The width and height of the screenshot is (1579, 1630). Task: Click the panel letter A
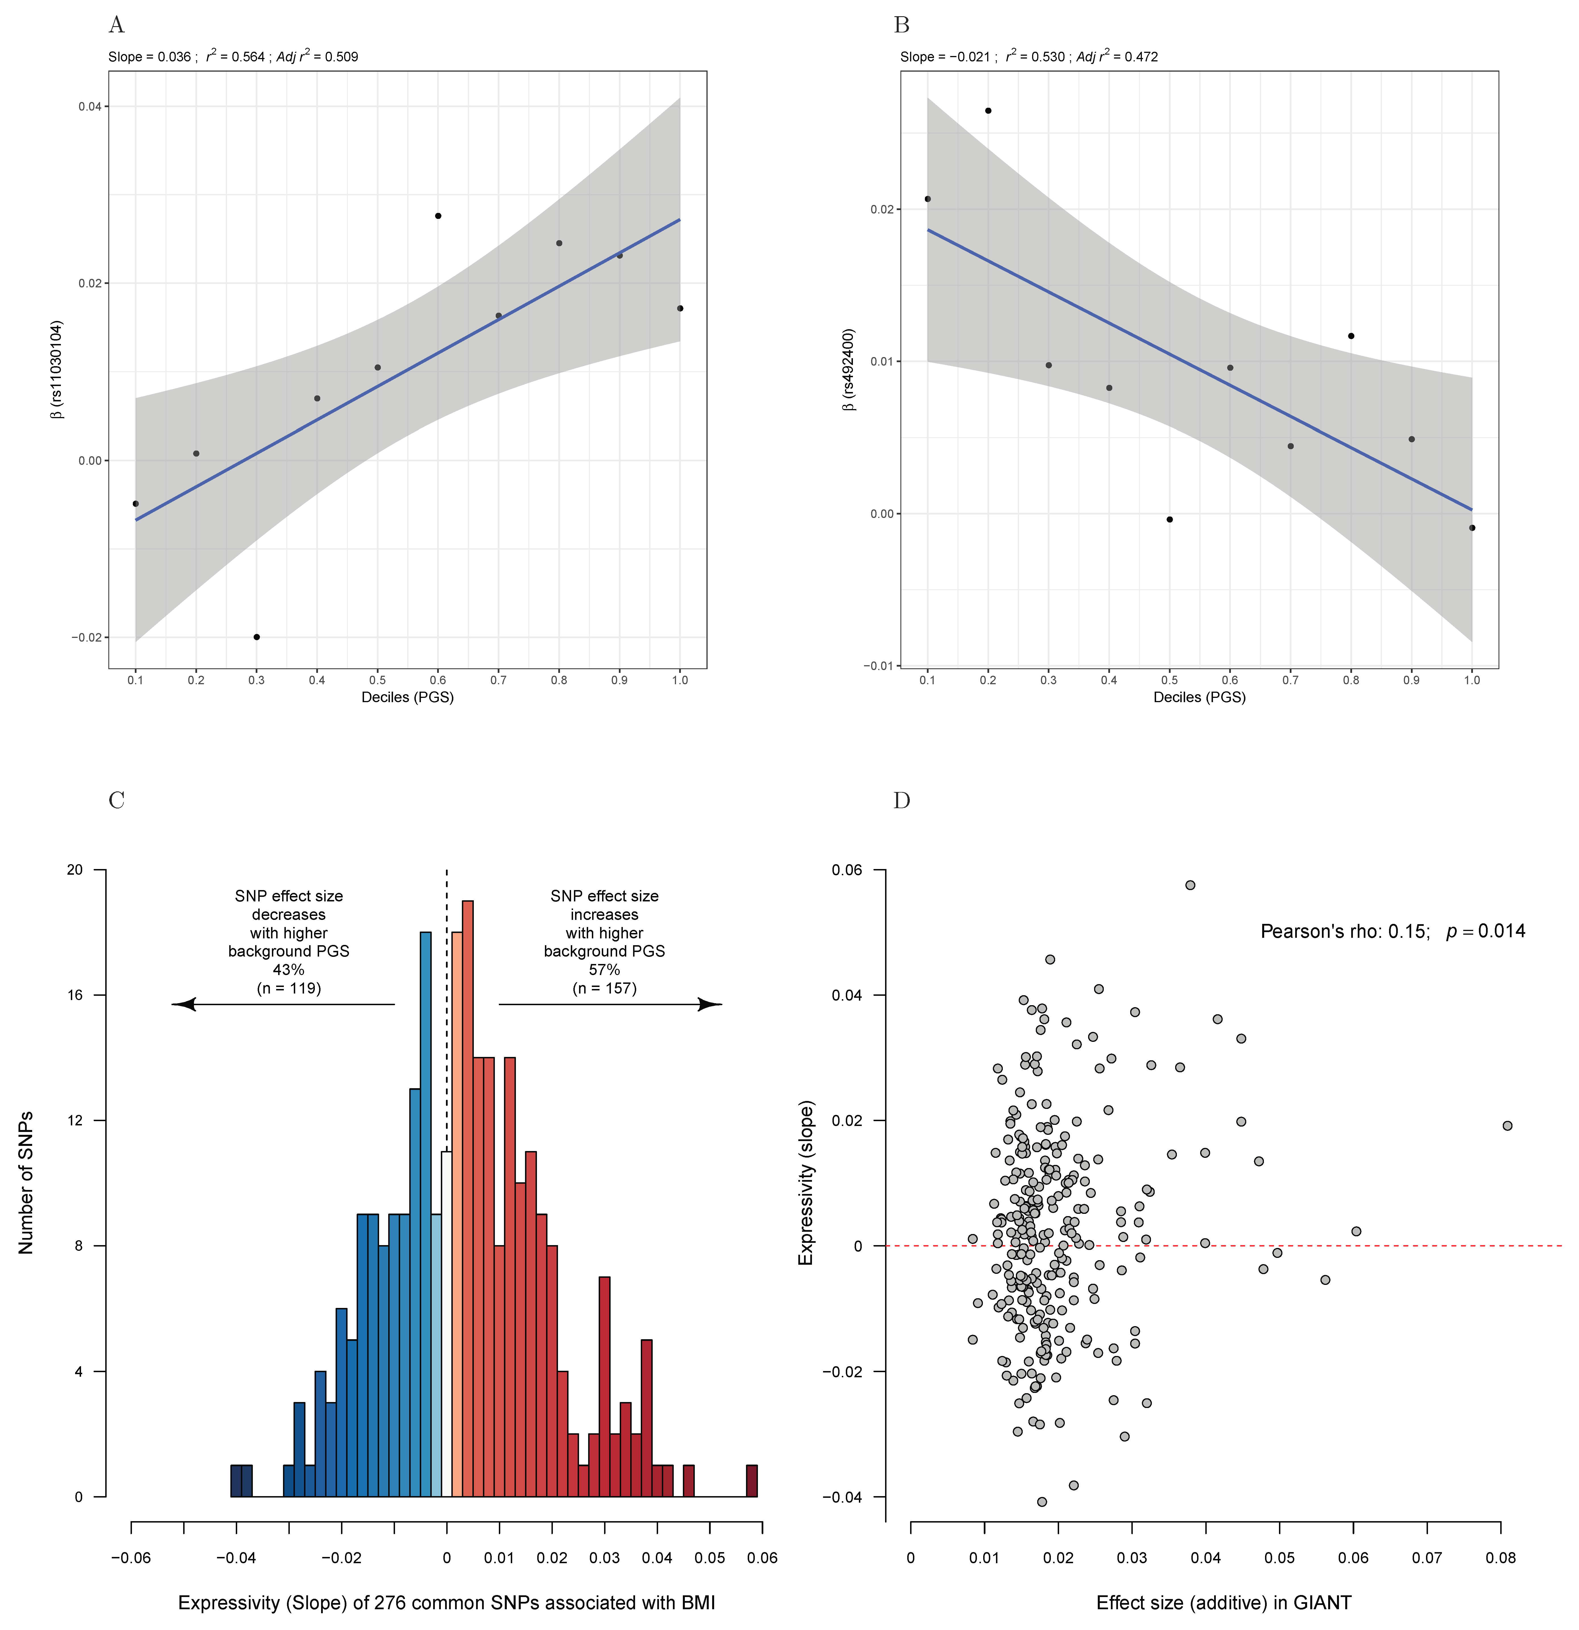[x=117, y=26]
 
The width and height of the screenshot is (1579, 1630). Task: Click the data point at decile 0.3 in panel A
[x=256, y=637]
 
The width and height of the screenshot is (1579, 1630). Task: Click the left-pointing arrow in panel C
[x=185, y=1005]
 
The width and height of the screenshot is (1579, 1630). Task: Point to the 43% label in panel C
[x=289, y=970]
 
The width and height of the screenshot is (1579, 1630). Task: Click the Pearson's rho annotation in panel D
[x=1392, y=932]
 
